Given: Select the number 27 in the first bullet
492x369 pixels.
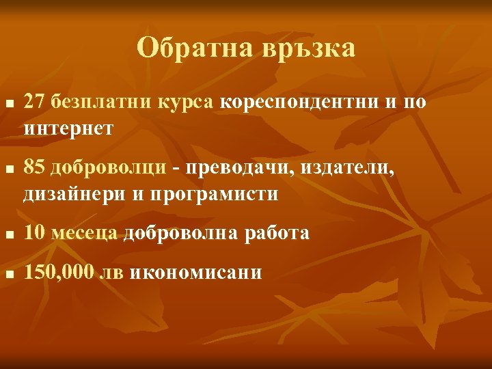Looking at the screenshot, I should point(33,102).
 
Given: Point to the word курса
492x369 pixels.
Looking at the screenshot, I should point(189,103).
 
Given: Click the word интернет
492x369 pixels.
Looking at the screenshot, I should point(68,128).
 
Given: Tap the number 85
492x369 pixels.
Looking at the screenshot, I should point(33,168).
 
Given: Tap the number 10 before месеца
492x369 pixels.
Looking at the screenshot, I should point(33,234).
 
